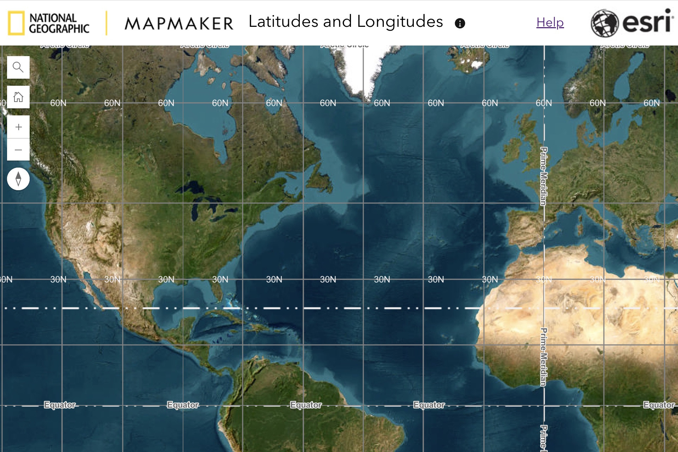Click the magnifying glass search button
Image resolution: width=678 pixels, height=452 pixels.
pyautogui.click(x=18, y=67)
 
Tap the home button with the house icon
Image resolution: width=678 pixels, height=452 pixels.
pyautogui.click(x=18, y=97)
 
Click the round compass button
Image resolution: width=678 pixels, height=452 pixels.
pyautogui.click(x=18, y=179)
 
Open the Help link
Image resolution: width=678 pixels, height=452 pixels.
pyautogui.click(x=550, y=23)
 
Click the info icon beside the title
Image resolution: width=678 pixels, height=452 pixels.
pyautogui.click(x=460, y=23)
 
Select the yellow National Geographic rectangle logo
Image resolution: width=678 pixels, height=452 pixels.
pyautogui.click(x=16, y=23)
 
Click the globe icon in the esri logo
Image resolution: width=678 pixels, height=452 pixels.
pyautogui.click(x=605, y=23)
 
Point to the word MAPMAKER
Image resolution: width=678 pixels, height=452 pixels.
pyautogui.click(x=179, y=24)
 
